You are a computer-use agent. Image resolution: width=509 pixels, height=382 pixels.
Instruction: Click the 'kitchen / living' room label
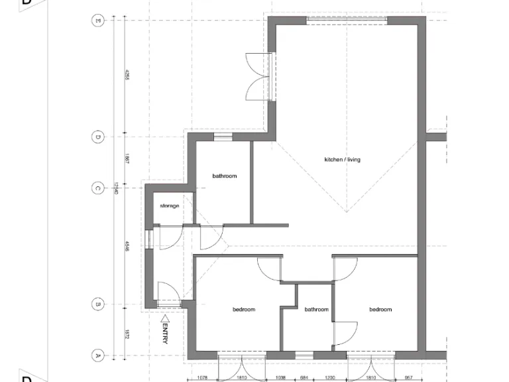(x=342, y=160)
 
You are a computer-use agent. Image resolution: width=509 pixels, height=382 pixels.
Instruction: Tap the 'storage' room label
(x=170, y=206)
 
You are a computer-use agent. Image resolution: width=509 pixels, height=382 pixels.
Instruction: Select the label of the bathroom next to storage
(x=224, y=176)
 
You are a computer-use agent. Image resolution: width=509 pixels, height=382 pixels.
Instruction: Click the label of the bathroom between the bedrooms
(x=316, y=310)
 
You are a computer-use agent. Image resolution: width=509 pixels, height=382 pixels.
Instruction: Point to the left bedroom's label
(x=243, y=310)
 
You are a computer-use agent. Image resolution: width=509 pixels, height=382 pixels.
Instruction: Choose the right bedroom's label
(x=380, y=310)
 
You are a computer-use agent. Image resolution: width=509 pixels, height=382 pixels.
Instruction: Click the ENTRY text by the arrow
(x=164, y=333)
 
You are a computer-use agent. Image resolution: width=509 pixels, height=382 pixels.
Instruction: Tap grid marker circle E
(x=97, y=21)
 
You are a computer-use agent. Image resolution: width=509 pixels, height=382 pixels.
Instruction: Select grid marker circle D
(x=97, y=137)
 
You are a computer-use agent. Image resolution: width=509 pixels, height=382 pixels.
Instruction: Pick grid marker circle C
(x=97, y=188)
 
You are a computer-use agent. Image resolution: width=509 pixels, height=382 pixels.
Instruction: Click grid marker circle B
(x=97, y=304)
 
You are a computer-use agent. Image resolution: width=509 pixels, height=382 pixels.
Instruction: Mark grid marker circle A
(x=97, y=355)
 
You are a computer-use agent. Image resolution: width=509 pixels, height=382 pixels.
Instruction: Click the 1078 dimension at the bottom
(x=203, y=378)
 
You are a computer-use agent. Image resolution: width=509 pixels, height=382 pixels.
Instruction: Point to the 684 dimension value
(x=304, y=378)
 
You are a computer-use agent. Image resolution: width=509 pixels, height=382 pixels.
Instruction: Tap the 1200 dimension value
(x=329, y=378)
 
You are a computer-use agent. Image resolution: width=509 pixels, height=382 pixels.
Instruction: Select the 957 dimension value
(x=408, y=378)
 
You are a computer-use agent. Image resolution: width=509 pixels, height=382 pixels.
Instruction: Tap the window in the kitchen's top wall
(x=347, y=21)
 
